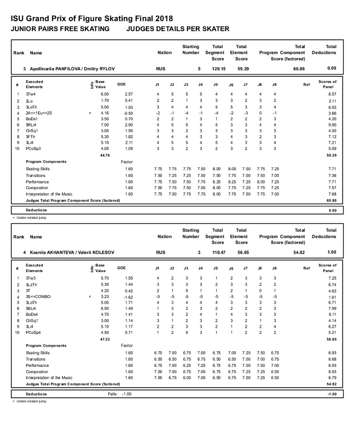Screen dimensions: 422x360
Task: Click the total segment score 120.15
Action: pyautogui.click(x=217, y=69)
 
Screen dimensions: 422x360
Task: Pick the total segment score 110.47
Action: pyautogui.click(x=217, y=253)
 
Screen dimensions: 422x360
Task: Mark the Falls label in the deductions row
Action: pyautogui.click(x=114, y=394)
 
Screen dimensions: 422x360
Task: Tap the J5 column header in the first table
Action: pyautogui.click(x=215, y=84)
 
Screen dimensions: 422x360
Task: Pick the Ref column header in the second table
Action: pyautogui.click(x=306, y=268)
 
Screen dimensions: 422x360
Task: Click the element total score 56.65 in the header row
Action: pyautogui.click(x=241, y=253)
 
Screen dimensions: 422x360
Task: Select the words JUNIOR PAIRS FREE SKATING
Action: pyautogui.click(x=60, y=29)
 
